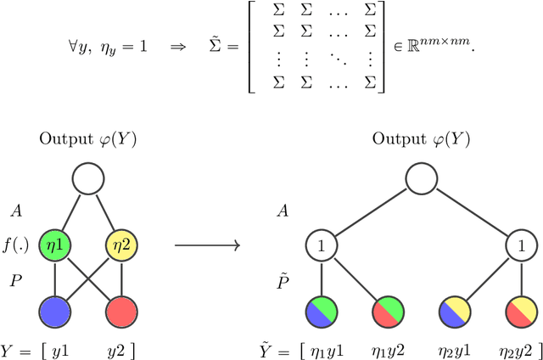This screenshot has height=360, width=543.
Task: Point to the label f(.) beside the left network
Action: click(17, 247)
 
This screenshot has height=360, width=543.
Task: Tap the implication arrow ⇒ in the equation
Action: click(176, 45)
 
